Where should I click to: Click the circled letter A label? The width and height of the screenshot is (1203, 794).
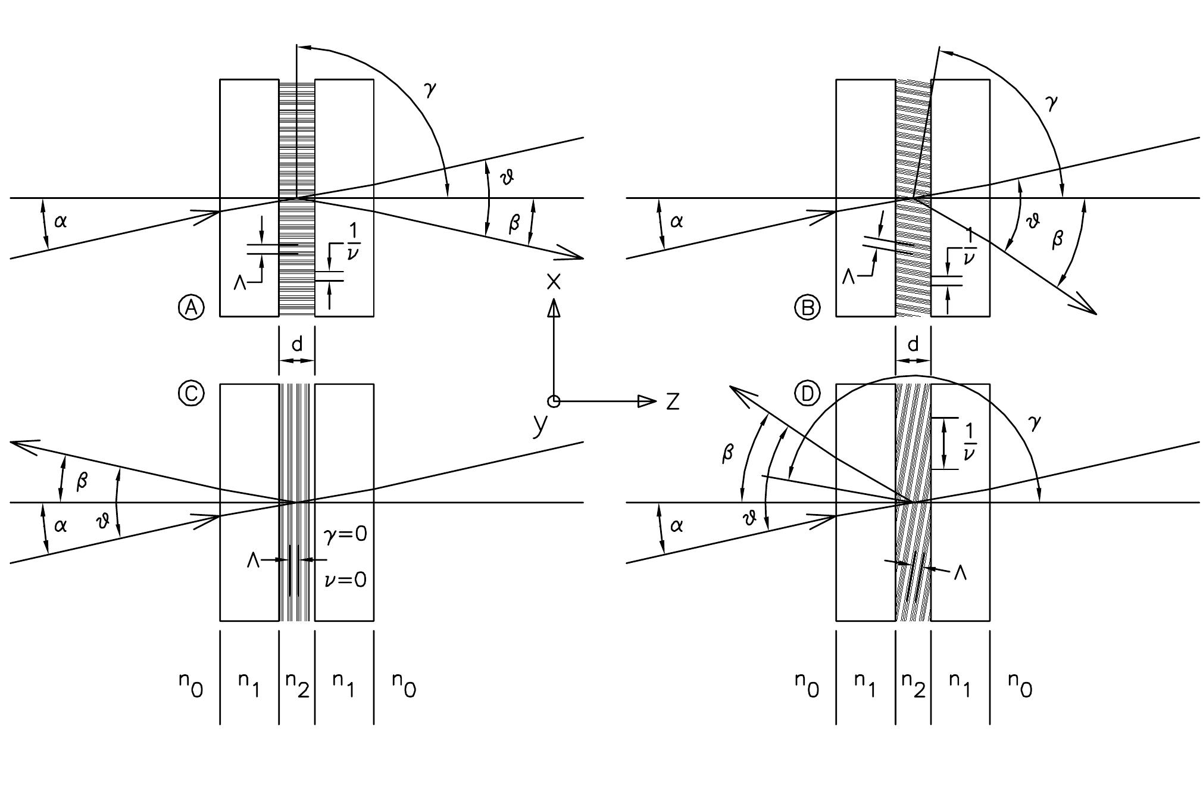[191, 307]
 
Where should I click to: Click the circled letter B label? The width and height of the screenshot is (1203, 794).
[807, 307]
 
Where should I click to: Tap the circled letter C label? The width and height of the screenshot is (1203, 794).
[191, 394]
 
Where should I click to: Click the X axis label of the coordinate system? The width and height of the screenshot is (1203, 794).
[554, 282]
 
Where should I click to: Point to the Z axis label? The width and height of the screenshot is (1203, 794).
[673, 402]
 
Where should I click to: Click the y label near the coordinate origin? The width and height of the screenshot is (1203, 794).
[539, 424]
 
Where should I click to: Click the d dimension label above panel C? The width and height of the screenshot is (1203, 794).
[296, 344]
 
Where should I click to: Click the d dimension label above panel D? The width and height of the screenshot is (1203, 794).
[913, 344]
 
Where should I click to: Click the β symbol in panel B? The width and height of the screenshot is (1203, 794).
[1058, 239]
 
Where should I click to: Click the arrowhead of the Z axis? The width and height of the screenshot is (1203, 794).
[647, 401]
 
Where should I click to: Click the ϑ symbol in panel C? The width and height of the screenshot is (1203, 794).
[103, 522]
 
